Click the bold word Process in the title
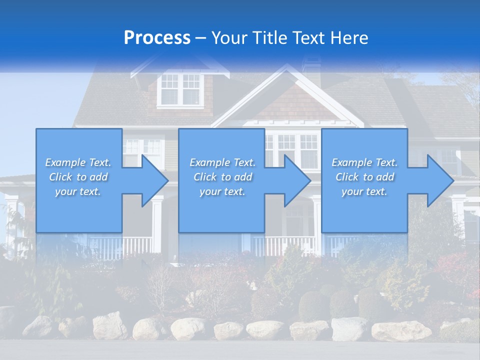click(x=157, y=37)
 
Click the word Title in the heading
click(x=268, y=37)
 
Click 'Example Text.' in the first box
click(x=78, y=162)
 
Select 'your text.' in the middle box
click(x=222, y=191)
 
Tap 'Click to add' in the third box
click(x=364, y=177)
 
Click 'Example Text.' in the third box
click(x=364, y=162)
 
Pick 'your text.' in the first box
click(x=78, y=191)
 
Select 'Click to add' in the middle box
click(x=222, y=177)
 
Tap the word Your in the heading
click(x=229, y=37)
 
